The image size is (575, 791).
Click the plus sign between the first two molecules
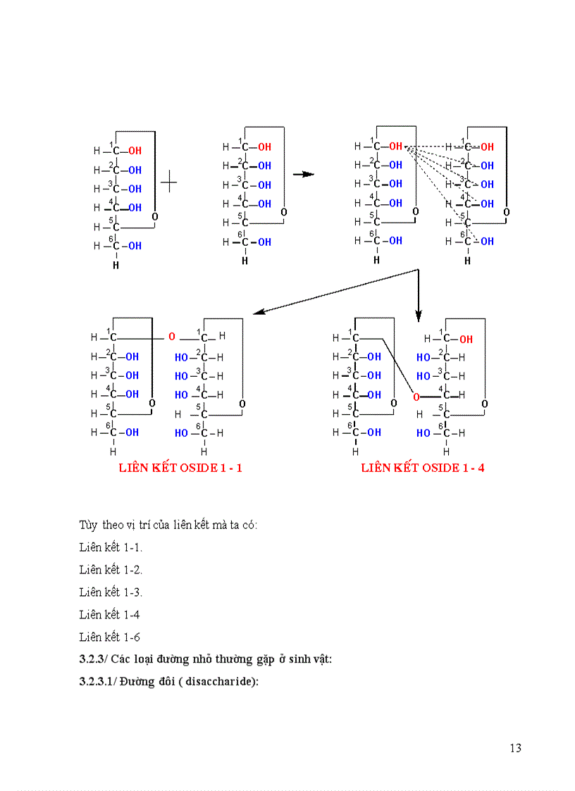click(168, 183)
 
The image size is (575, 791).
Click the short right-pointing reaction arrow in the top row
click(303, 174)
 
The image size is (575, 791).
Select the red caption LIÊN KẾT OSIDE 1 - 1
click(180, 468)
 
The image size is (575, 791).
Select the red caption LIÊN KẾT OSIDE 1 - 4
click(423, 468)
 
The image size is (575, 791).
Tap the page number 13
click(515, 748)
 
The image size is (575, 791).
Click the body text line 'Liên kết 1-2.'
click(111, 570)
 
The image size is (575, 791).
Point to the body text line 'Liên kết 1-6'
click(109, 637)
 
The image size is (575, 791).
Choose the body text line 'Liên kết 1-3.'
click(111, 592)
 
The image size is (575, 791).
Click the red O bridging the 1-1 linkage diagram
click(171, 337)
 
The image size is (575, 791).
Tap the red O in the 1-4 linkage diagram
click(416, 397)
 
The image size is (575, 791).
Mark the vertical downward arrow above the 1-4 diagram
click(418, 296)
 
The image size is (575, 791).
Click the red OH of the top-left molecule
click(135, 151)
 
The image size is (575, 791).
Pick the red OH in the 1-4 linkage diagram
click(466, 340)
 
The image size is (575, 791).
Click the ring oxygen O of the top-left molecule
click(154, 217)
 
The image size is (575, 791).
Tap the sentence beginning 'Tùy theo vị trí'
click(168, 525)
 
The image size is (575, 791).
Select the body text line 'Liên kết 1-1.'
click(111, 547)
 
